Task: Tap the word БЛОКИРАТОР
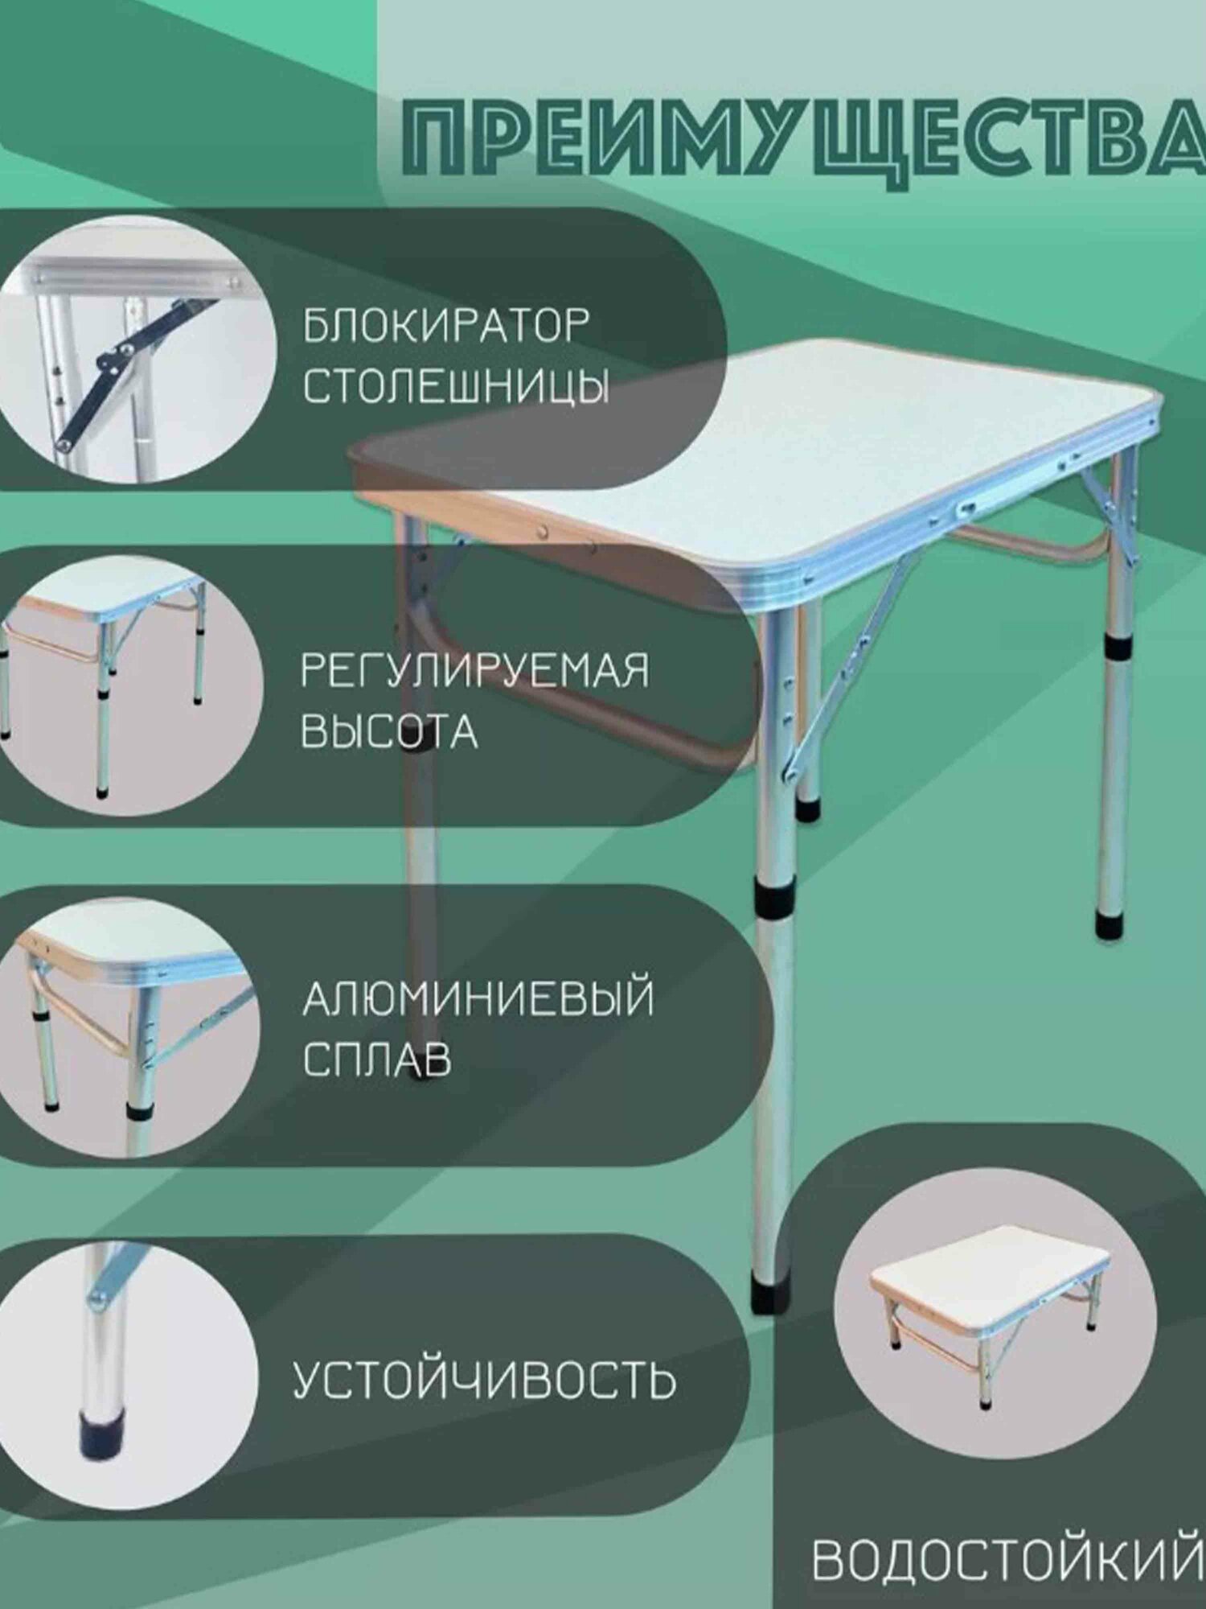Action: pos(446,325)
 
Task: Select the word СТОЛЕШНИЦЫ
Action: pos(456,387)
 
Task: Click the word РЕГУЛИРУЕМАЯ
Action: pos(474,670)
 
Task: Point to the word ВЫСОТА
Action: pos(389,731)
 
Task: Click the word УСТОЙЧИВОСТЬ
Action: pos(483,1381)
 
